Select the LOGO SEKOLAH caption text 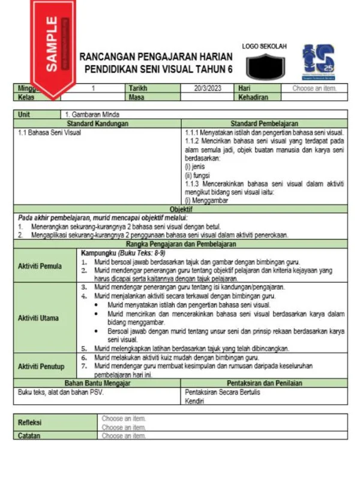tap(264, 46)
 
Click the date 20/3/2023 tap(208, 88)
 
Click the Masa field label tap(137, 97)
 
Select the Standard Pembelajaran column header tap(264, 123)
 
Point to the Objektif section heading tap(180, 209)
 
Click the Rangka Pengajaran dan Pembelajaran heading tap(180, 245)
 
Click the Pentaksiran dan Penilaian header tap(264, 383)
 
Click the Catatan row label tap(29, 436)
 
